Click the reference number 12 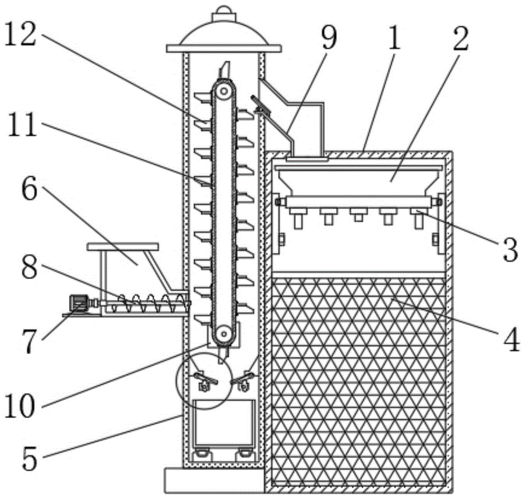20,36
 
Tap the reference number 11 22,124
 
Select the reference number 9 329,37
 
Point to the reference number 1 395,37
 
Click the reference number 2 461,38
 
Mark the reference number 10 20,406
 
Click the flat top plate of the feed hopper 122,247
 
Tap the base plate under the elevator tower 214,481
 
